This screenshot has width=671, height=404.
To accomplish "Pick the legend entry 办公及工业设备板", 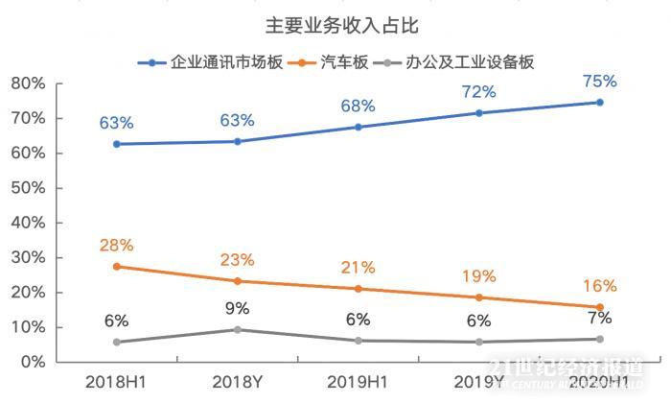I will (x=476, y=62).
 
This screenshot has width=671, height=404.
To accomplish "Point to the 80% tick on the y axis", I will (x=28, y=83).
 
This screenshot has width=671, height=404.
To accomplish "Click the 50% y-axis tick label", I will (x=28, y=188).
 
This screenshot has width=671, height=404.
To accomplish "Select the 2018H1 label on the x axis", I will (x=116, y=382).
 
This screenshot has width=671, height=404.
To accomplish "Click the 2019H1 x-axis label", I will (x=359, y=382).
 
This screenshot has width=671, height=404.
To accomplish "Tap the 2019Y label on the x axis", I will (x=479, y=382).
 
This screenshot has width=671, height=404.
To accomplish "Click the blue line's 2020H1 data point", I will (x=600, y=102).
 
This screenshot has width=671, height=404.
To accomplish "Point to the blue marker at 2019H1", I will (x=359, y=127).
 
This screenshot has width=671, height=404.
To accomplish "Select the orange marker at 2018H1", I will (x=116, y=266).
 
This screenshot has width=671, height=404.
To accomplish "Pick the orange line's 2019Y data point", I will (x=479, y=297).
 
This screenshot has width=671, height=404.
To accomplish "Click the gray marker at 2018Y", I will (x=237, y=329).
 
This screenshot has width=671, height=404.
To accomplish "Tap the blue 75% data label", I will (x=600, y=81).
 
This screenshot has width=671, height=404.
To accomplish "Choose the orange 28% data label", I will (x=116, y=245).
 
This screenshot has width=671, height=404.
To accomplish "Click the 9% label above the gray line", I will (x=237, y=308).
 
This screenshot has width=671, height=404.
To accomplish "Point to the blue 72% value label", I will (x=479, y=92).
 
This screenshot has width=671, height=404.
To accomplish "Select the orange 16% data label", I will (x=600, y=286).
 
